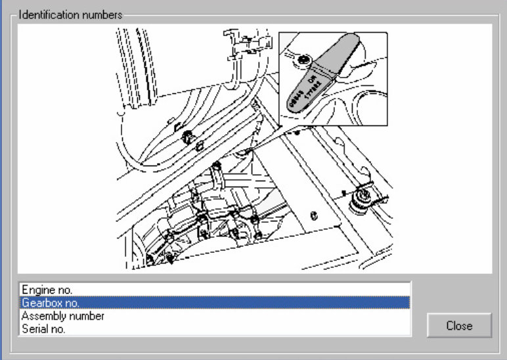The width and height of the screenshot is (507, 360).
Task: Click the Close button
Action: [x=459, y=325]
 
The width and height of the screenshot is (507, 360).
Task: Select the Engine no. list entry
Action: [x=47, y=289]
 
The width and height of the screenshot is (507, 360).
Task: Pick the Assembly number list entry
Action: [x=63, y=316]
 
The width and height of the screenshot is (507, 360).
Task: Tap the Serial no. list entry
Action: [x=43, y=329]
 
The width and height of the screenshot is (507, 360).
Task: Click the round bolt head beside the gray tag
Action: [x=303, y=60]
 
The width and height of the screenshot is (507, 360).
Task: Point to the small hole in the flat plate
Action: [x=315, y=214]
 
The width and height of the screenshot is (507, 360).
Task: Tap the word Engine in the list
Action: [x=37, y=289]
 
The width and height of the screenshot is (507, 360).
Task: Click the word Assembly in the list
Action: [x=42, y=316]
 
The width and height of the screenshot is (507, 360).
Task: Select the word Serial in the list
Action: [x=34, y=329]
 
